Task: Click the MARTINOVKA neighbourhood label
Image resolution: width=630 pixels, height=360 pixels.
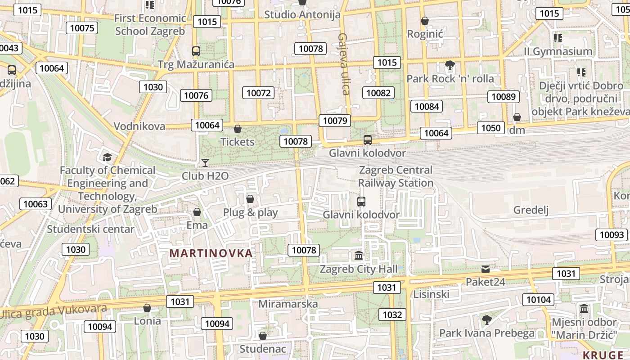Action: click(x=211, y=253)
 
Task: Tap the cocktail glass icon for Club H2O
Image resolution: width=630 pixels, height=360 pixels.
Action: click(x=205, y=162)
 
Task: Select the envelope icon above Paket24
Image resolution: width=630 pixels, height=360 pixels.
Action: click(x=485, y=269)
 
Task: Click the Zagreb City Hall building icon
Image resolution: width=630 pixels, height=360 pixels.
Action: click(x=359, y=256)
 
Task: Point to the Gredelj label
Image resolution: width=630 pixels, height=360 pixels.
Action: click(x=531, y=210)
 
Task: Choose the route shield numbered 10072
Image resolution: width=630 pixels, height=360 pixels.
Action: click(x=258, y=93)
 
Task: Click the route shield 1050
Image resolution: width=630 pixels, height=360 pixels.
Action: click(x=490, y=128)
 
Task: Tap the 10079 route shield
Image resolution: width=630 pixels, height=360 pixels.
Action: click(x=335, y=120)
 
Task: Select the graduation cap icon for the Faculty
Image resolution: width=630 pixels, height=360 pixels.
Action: click(x=107, y=157)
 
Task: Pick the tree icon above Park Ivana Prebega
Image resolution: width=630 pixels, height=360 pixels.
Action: click(x=486, y=320)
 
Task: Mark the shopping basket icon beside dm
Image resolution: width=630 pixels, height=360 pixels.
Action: click(x=517, y=117)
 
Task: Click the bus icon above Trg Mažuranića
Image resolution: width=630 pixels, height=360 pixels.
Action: click(x=196, y=51)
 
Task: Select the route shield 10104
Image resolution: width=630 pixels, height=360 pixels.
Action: click(x=538, y=299)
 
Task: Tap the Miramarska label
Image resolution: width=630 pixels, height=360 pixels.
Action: click(x=288, y=304)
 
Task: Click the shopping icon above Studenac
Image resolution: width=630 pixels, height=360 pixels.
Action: click(x=263, y=336)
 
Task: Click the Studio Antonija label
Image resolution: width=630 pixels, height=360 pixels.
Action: click(x=302, y=14)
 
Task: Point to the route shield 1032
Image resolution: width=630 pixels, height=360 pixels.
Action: click(x=392, y=315)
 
